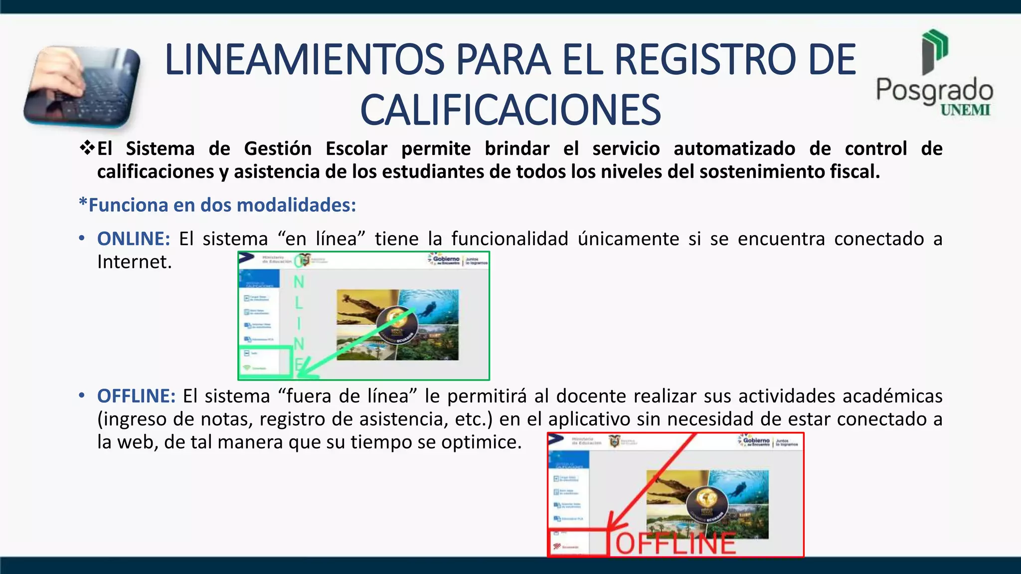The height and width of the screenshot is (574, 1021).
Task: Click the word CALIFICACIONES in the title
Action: [510, 110]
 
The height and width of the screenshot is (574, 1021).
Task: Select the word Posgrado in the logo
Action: [934, 90]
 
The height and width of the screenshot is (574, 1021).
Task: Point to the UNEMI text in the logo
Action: [965, 110]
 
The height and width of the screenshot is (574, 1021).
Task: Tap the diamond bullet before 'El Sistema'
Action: [87, 147]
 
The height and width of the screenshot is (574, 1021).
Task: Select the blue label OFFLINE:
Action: [136, 396]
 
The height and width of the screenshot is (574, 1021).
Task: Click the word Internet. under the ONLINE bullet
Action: [135, 262]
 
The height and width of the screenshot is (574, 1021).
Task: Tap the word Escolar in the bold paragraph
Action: [356, 148]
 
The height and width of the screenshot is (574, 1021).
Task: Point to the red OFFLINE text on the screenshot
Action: [676, 543]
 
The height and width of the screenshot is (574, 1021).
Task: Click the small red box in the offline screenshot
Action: [578, 543]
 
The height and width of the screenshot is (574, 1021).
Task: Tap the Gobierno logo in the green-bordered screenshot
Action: [445, 260]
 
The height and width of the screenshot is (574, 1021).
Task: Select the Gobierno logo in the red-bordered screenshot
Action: [755, 441]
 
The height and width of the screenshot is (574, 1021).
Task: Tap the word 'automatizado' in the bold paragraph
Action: [734, 148]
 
